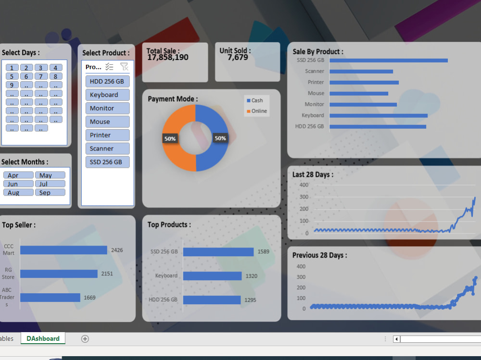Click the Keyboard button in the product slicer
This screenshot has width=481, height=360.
pos(107,95)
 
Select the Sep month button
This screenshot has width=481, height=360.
pos(50,192)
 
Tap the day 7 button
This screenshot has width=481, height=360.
pos(41,76)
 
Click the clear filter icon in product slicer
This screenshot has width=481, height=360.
pos(124,67)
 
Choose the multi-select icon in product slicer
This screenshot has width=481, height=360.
pos(110,67)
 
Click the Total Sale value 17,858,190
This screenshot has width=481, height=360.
pos(167,58)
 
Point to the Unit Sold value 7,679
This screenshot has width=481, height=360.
pos(238,58)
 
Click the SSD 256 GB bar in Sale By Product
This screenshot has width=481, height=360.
pos(388,61)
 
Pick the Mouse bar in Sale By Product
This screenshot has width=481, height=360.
pos(358,94)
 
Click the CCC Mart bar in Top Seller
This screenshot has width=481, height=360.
pos(63,250)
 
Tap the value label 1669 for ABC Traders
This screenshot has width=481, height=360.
pos(89,298)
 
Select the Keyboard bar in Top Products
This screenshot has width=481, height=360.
pos(212,276)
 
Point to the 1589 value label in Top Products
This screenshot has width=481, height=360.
pos(263,251)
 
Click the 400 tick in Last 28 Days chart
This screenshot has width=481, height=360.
pos(304,185)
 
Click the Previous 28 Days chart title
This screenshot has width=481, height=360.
pos(319,255)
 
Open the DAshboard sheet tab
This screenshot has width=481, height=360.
pos(43,338)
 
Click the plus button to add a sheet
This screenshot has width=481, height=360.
pos(85,339)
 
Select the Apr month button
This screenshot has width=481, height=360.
pos(18,175)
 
